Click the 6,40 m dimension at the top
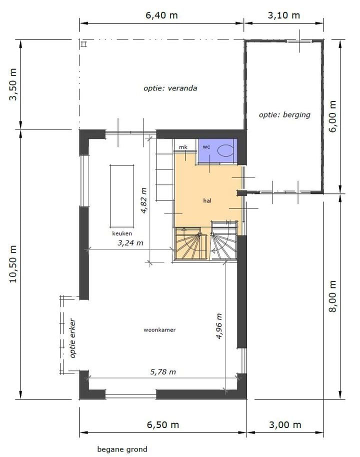pyautogui.click(x=161, y=15)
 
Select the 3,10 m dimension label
pyautogui.click(x=284, y=15)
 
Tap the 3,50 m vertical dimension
pyautogui.click(x=13, y=84)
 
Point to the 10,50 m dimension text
pyautogui.click(x=13, y=264)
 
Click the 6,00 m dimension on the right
pyautogui.click(x=332, y=115)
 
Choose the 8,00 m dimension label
pyautogui.click(x=332, y=296)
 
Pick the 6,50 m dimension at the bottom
pyautogui.click(x=162, y=424)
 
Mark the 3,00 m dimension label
pyautogui.click(x=285, y=424)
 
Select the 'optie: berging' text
pyautogui.click(x=284, y=114)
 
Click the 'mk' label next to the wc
pyautogui.click(x=183, y=147)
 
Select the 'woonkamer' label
pyautogui.click(x=159, y=329)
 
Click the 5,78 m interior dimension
pyautogui.click(x=163, y=371)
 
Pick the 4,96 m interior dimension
pyautogui.click(x=219, y=326)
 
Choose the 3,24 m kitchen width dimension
pyautogui.click(x=130, y=243)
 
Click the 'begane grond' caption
pyautogui.click(x=122, y=449)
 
